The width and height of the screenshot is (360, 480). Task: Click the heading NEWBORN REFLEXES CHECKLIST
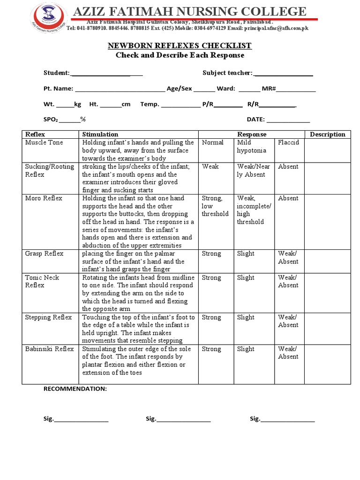tap(180, 45)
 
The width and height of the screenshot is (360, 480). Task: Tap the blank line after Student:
tap(106, 73)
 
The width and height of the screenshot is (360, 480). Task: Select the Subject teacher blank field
tap(283, 73)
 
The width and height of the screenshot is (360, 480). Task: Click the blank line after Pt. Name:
tap(120, 89)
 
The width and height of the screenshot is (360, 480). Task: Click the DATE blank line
tap(288, 120)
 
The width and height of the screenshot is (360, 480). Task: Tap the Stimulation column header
tap(100, 135)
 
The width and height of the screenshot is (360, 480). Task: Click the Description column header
tap(327, 135)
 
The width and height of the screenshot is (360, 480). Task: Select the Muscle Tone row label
tap(44, 142)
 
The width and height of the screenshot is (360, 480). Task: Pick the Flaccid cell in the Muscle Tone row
tap(288, 142)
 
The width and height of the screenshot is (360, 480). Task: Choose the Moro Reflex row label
tap(44, 198)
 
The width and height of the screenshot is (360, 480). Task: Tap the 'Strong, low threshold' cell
tap(215, 206)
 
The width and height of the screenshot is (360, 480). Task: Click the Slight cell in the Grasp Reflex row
tap(246, 254)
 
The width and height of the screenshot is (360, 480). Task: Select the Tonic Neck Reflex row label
tap(42, 281)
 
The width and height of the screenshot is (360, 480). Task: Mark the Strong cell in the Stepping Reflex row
tap(211, 317)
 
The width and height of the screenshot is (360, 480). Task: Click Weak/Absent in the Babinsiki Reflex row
tap(288, 353)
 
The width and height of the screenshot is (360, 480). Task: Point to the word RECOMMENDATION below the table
tap(75, 389)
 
